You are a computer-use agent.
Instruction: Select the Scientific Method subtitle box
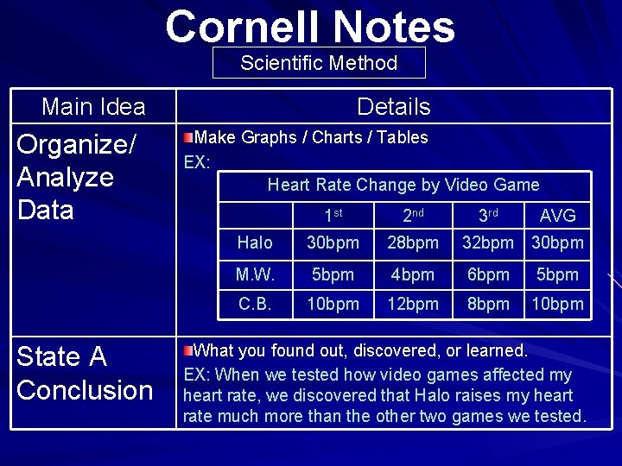319,63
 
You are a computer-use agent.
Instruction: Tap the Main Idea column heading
93,107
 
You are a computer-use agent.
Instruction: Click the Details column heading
393,107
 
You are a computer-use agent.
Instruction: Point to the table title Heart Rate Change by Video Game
403,185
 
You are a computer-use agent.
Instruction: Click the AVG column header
557,215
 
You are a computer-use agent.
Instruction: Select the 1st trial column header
333,215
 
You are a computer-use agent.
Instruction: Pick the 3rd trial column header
488,215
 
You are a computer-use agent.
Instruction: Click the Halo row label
254,243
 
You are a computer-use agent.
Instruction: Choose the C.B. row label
254,304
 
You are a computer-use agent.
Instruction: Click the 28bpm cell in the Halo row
412,243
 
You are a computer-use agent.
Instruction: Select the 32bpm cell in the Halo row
488,243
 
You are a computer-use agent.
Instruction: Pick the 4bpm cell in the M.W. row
412,274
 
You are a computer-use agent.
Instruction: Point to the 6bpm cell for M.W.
488,274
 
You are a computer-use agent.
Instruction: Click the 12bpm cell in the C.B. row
412,304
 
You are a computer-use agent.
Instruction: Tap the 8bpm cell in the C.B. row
488,304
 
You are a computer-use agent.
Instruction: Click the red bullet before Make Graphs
188,137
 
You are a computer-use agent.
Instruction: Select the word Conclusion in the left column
85,390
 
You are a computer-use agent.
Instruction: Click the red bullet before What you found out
188,350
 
